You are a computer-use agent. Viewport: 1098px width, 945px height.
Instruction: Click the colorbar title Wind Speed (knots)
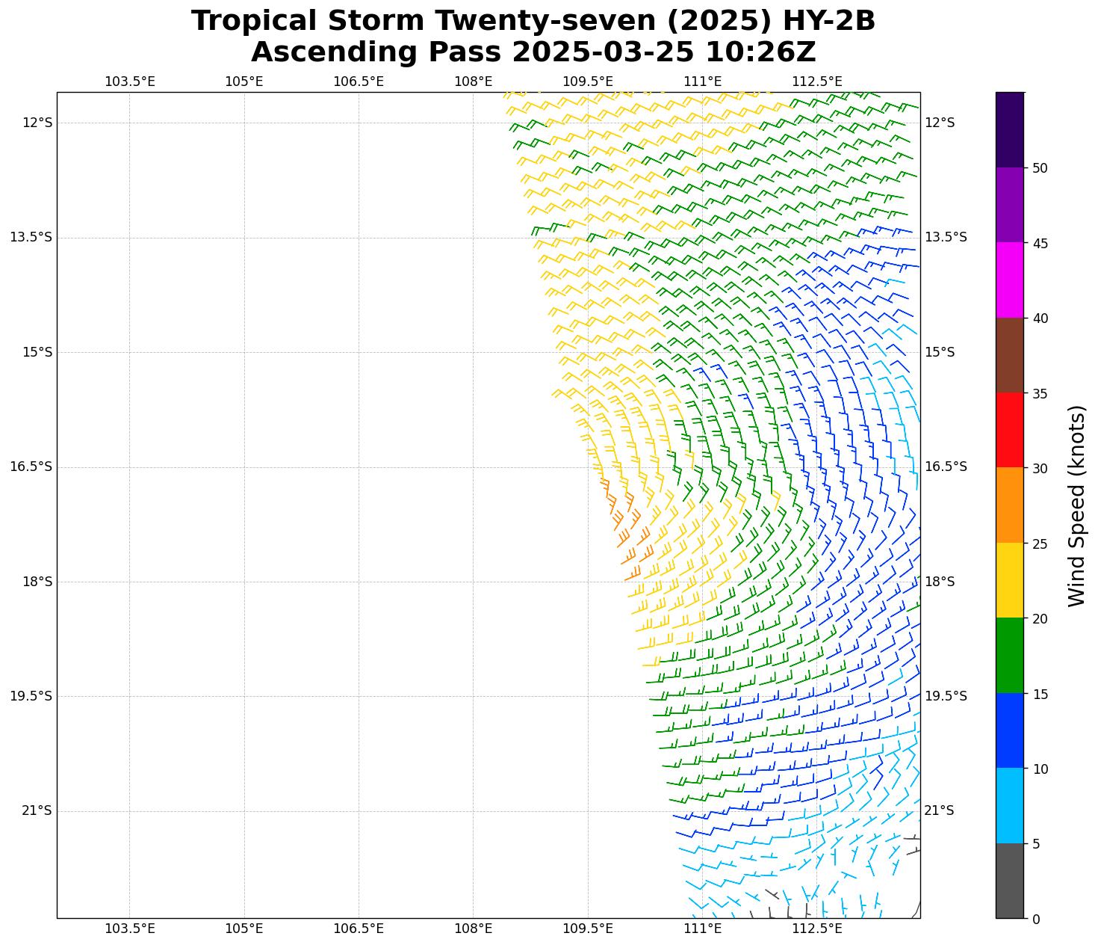1076,505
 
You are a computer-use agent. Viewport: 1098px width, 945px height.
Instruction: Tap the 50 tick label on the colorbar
1040,168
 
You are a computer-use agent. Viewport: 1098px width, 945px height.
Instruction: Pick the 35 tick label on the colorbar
1040,394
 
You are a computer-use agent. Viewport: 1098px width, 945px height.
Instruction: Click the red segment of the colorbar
1010,430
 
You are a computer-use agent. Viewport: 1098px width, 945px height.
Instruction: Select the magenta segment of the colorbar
1010,280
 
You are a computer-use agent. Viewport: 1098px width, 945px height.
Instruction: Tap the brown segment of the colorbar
1010,355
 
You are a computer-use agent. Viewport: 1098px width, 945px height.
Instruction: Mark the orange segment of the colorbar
1010,505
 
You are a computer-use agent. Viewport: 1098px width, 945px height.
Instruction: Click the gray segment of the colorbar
1010,881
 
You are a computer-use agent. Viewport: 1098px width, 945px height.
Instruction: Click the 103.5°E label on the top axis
129,81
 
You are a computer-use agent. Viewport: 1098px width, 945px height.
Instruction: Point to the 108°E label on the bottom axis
473,929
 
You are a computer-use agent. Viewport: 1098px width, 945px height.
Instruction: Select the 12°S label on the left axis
37,123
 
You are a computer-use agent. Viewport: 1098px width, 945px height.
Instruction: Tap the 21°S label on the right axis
939,811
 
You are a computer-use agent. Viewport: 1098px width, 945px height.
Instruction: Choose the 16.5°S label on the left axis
31,467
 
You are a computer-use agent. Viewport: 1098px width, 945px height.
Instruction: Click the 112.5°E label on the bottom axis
816,929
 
